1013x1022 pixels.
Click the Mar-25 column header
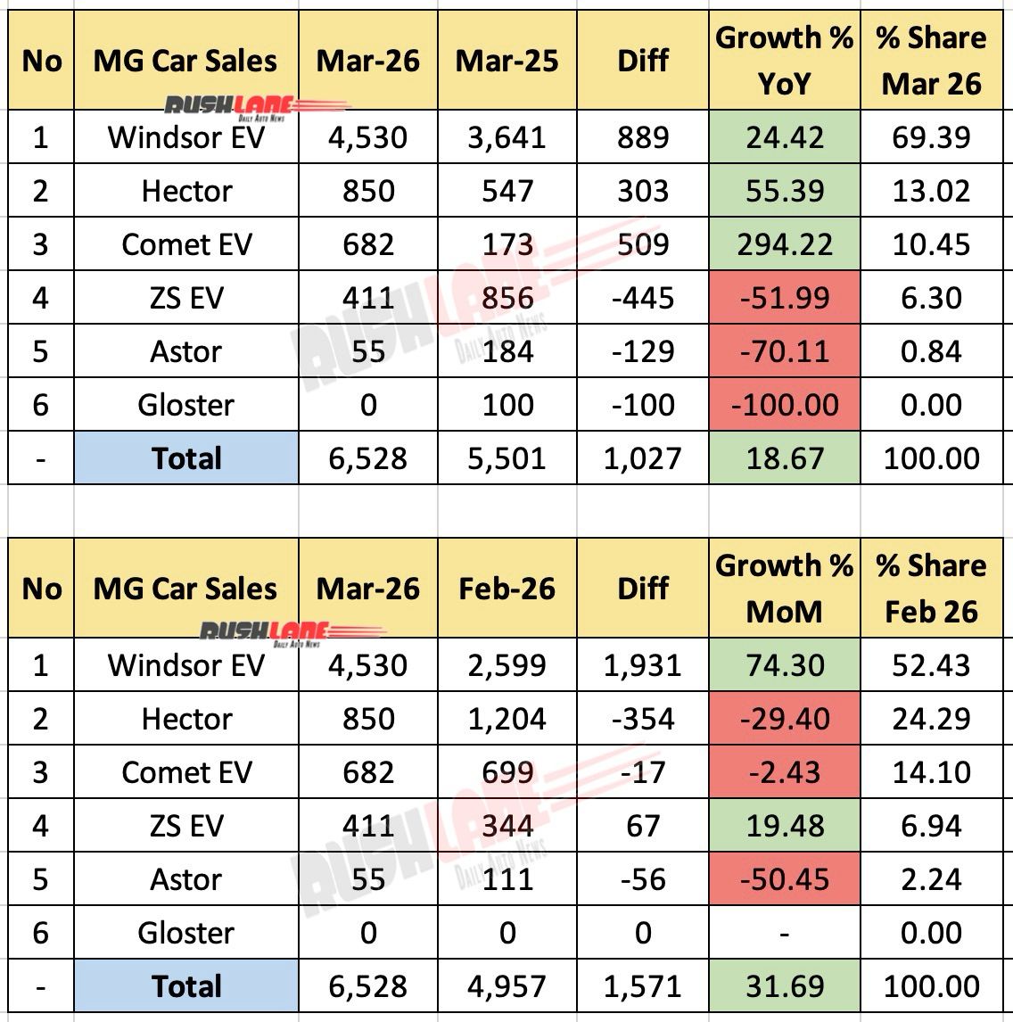(506, 61)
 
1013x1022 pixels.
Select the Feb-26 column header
(506, 589)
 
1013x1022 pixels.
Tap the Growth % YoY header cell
(784, 61)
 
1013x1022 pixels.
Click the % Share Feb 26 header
(931, 589)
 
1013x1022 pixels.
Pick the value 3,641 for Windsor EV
(506, 137)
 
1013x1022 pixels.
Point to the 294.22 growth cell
(784, 244)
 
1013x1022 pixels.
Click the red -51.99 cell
(784, 298)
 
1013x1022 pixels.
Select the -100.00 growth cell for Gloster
(784, 405)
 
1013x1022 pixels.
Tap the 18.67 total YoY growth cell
(784, 458)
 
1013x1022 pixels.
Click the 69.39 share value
(931, 137)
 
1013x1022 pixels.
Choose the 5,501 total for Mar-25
(506, 458)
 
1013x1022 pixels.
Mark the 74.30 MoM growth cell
(784, 665)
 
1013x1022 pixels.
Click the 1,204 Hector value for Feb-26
(506, 719)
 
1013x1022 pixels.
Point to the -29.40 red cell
(784, 719)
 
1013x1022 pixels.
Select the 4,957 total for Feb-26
(506, 986)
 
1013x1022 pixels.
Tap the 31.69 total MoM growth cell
(784, 986)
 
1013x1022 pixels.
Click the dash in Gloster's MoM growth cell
(784, 933)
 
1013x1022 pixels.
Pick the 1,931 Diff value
(643, 665)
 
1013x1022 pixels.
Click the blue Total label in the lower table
(186, 986)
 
